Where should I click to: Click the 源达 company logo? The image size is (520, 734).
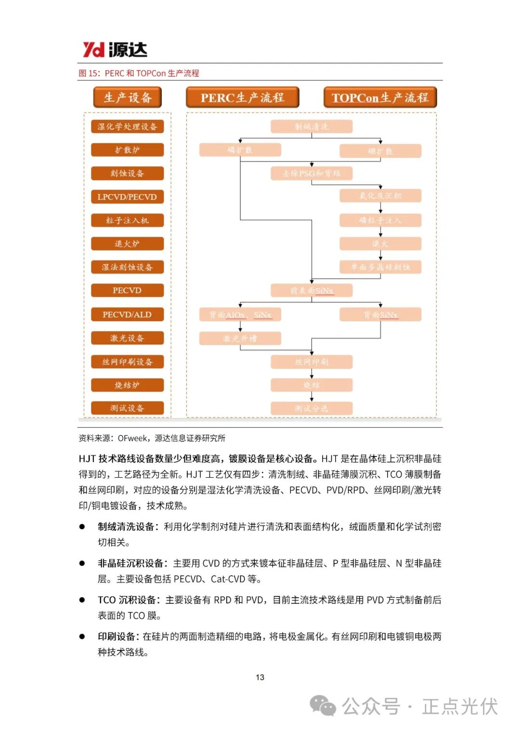pos(115,50)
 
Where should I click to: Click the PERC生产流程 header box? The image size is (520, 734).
pos(242,98)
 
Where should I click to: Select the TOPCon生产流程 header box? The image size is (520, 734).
pos(380,98)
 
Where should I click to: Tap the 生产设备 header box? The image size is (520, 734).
pos(127,98)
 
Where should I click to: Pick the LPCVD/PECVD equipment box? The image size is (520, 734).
pos(127,197)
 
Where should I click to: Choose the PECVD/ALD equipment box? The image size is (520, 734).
pos(127,315)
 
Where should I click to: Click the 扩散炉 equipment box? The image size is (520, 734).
pos(127,150)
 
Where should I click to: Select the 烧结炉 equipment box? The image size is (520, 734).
pos(127,385)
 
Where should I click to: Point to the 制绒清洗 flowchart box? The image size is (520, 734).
pos(312,127)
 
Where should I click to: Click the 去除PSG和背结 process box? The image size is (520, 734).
pos(312,173)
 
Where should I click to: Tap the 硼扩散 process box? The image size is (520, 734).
pos(380,151)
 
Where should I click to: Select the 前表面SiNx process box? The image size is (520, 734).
pos(312,291)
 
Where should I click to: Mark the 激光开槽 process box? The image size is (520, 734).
pos(240,339)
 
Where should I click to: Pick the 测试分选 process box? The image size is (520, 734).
pos(312,408)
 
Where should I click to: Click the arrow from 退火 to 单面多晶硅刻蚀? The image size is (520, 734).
pos(380,255)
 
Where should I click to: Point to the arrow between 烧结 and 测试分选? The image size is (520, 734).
pos(312,397)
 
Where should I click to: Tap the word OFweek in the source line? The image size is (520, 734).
pos(132,438)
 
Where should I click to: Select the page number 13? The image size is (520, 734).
pos(260,677)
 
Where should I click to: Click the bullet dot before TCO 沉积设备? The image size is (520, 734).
pos(82,600)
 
